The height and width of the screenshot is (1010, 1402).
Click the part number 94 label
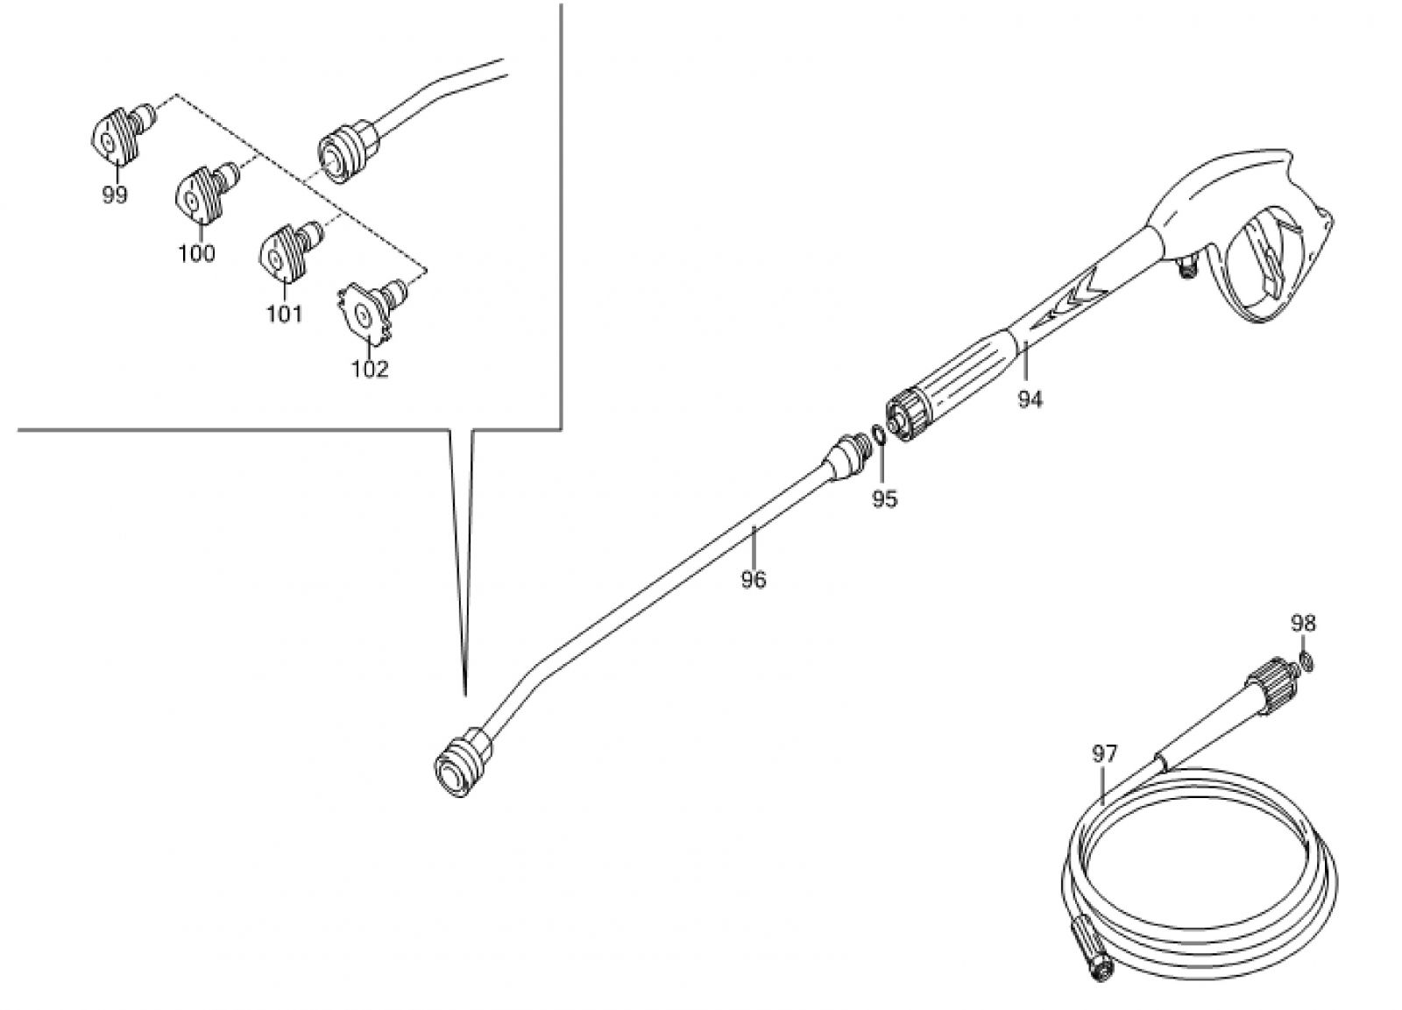pos(1030,399)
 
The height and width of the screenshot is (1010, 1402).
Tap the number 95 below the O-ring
pos(884,498)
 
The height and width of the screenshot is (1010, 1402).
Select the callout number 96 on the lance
pos(753,580)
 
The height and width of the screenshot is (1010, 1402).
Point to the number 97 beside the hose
pos(1104,754)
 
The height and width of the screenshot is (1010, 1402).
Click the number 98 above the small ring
pos(1303,624)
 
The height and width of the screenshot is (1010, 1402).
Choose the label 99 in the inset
pos(115,195)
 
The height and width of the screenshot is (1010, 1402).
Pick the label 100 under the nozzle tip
pos(196,254)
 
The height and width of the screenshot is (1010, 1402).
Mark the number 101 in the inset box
pos(284,314)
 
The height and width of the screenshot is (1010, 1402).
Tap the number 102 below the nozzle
pos(369,369)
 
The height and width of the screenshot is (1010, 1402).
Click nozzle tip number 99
pos(122,133)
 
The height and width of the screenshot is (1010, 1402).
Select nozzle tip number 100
pos(207,193)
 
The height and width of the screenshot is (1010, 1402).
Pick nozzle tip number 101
pos(291,253)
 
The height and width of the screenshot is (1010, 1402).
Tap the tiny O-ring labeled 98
pos(1306,660)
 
